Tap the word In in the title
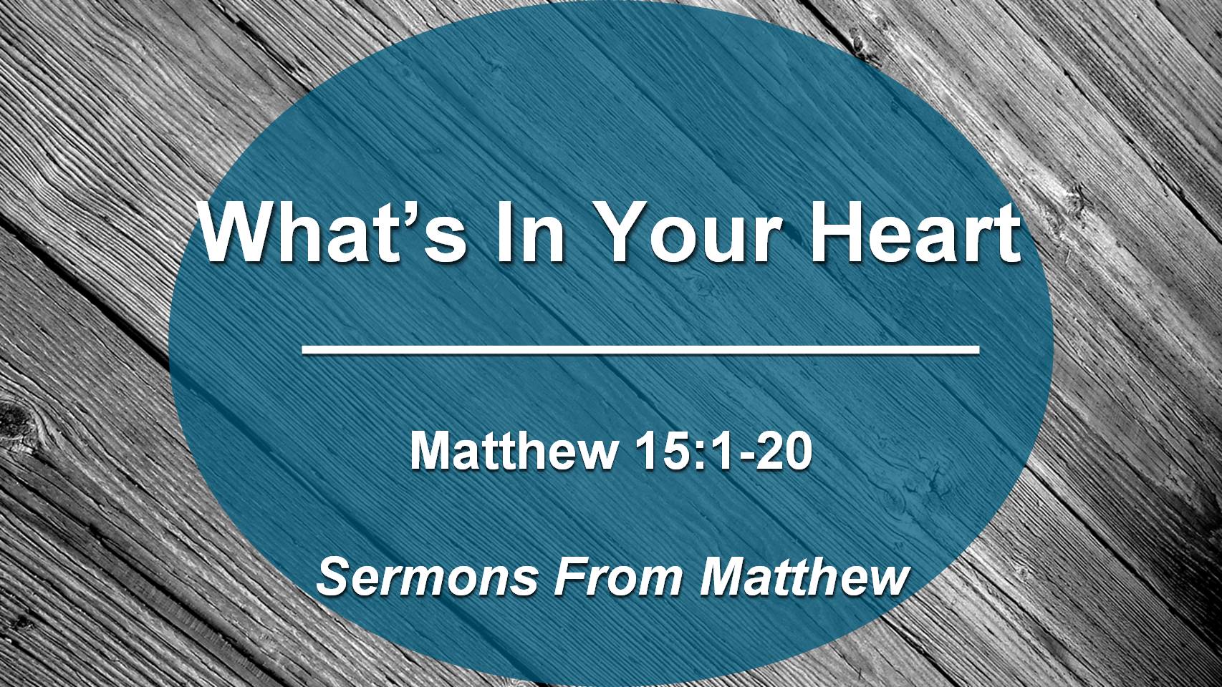tap(530, 232)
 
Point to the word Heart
tap(915, 232)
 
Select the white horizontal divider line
tap(640, 349)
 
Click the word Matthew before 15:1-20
tap(514, 450)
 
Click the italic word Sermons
tap(427, 576)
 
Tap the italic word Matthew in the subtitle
tap(804, 576)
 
